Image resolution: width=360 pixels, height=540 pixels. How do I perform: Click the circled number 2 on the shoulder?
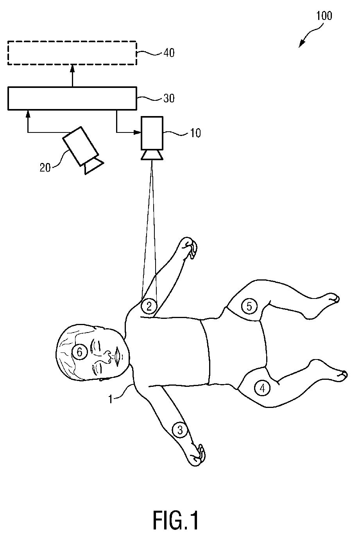point(149,306)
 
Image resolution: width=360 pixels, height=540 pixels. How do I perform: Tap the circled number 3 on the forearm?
point(180,430)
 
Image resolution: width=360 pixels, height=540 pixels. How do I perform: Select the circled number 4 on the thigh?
point(262,388)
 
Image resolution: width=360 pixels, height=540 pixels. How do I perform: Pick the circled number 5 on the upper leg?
point(249,306)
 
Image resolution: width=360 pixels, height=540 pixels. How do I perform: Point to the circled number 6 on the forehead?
point(79,352)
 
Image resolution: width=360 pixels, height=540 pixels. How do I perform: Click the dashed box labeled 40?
point(72,53)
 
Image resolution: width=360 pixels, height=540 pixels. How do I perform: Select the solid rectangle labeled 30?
point(72,98)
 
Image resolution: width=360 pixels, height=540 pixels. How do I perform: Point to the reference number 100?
point(324,16)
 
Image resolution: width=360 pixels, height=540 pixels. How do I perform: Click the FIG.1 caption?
point(176,520)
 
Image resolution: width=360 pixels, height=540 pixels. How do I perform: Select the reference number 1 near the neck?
point(111,400)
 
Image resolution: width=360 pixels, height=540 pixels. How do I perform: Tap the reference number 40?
point(169,53)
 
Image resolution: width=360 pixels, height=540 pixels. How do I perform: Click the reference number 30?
point(169,98)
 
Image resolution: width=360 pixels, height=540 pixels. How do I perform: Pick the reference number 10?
point(195,133)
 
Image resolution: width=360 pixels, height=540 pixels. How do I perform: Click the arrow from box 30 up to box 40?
point(72,76)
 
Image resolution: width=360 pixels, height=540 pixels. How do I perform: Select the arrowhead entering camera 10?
point(137,132)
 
